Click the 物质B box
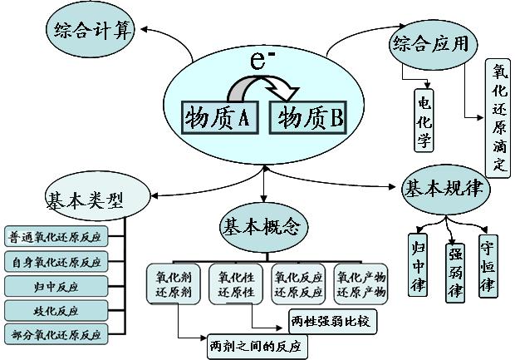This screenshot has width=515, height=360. coord(309,117)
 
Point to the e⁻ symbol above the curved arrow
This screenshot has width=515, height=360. coord(262,61)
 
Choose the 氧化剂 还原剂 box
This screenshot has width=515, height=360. coord(174,284)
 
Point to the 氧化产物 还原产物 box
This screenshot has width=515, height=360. coord(360,284)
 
